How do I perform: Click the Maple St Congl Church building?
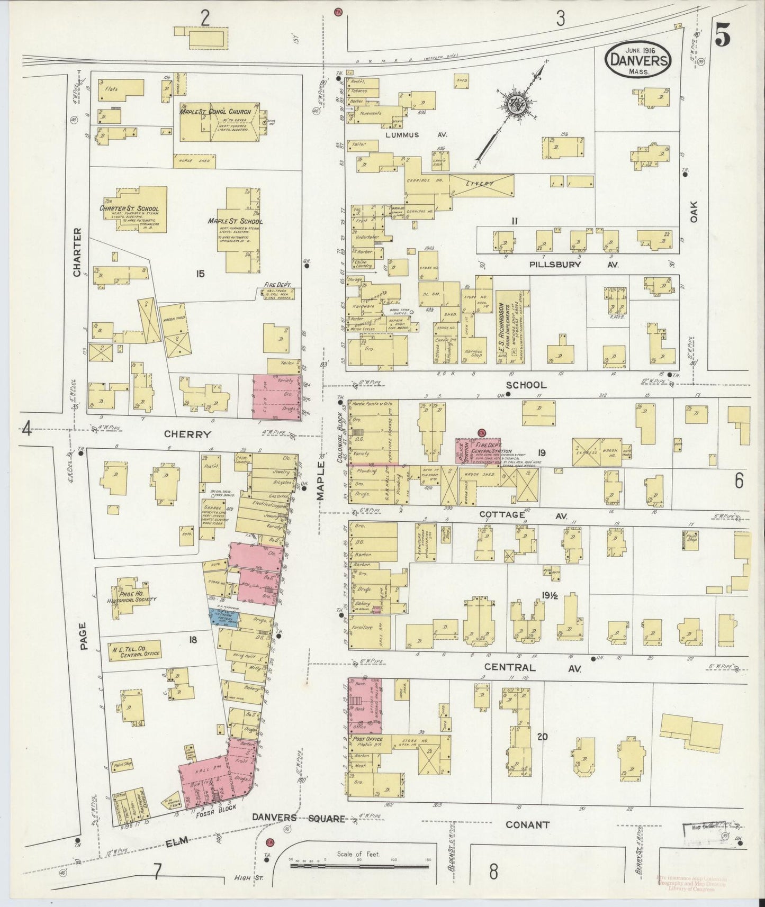(x=218, y=122)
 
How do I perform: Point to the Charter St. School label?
(x=129, y=208)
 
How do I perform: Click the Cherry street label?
(x=187, y=434)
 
